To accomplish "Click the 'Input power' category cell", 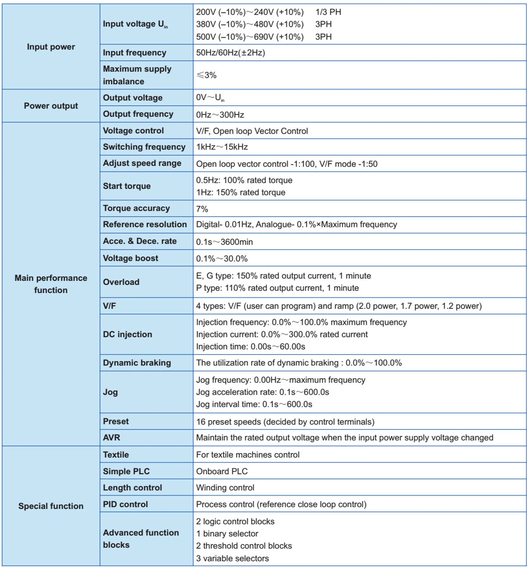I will point(51,47).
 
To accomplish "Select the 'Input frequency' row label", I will point(134,53).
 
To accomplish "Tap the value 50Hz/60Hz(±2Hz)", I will point(230,53).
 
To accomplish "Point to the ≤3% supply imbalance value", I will point(206,75).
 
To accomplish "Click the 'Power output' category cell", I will point(51,106).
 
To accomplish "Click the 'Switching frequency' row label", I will point(144,147).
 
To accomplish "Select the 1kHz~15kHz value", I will point(222,147).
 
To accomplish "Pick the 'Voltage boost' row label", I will point(130,258).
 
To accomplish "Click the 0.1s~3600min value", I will point(224,242).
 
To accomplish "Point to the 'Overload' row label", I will point(121,282).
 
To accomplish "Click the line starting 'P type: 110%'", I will point(277,288).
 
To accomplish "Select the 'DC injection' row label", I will point(127,334).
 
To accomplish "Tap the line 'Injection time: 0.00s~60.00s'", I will point(250,346).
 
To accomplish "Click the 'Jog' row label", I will point(110,392).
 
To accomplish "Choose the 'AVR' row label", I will point(111,438).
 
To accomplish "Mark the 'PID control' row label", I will point(125,504).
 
